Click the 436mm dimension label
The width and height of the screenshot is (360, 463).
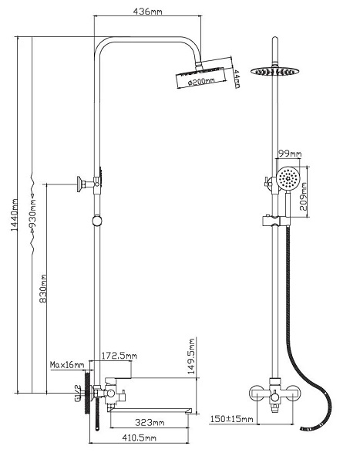pyautogui.click(x=147, y=12)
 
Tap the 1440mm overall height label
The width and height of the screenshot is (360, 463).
pyautogui.click(x=15, y=215)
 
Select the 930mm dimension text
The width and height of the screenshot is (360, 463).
pyautogui.click(x=32, y=215)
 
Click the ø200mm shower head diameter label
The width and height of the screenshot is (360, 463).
pyautogui.click(x=201, y=81)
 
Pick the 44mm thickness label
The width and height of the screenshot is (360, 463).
pyautogui.click(x=237, y=79)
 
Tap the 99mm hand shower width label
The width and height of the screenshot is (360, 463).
pyautogui.click(x=290, y=154)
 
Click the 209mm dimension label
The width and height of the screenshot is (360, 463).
pyautogui.click(x=304, y=196)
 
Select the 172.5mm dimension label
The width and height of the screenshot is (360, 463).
pyautogui.click(x=119, y=356)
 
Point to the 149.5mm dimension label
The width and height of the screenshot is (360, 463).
pyautogui.click(x=192, y=356)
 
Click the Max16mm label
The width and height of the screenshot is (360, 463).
pyautogui.click(x=67, y=365)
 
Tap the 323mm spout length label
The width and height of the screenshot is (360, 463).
pyautogui.click(x=150, y=423)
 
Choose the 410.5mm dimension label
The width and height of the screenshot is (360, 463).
pyautogui.click(x=139, y=438)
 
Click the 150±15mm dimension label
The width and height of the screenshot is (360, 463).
pyautogui.click(x=231, y=419)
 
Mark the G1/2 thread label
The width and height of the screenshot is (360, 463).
pyautogui.click(x=78, y=393)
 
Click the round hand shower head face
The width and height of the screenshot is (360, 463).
pyautogui.click(x=288, y=178)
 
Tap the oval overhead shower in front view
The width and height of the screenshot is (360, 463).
pyautogui.click(x=274, y=71)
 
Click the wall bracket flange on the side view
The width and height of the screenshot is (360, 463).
pyautogui.click(x=79, y=184)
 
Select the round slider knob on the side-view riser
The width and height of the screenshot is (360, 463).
pyautogui.click(x=97, y=221)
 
